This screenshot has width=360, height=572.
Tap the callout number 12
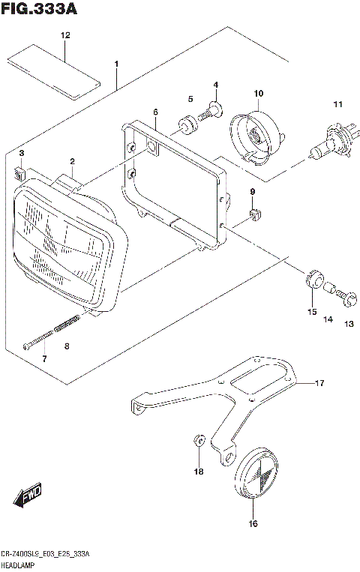click(65, 36)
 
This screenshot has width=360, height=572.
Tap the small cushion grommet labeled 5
click(184, 122)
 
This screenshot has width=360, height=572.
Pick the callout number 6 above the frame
click(155, 112)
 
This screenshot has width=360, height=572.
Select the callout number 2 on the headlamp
click(72, 161)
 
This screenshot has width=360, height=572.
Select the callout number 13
click(348, 324)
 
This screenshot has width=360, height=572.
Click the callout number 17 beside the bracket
click(319, 384)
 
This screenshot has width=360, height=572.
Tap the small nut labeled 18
click(199, 439)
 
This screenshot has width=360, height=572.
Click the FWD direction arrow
click(27, 496)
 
